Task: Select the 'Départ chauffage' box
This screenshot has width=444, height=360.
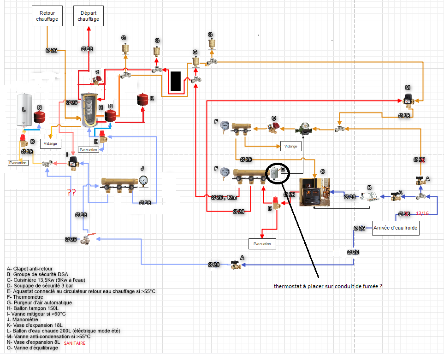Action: coord(89,17)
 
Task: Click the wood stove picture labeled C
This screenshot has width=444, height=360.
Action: coord(315,192)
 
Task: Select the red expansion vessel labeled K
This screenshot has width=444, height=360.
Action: coord(142,100)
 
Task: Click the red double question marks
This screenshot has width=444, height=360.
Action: coord(71,192)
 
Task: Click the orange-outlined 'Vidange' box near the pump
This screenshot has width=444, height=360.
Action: coord(291,146)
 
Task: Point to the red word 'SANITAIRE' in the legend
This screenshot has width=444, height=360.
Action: coord(75,343)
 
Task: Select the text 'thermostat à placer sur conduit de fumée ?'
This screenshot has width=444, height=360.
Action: coord(328,286)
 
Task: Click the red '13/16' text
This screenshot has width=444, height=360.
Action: coord(423,213)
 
